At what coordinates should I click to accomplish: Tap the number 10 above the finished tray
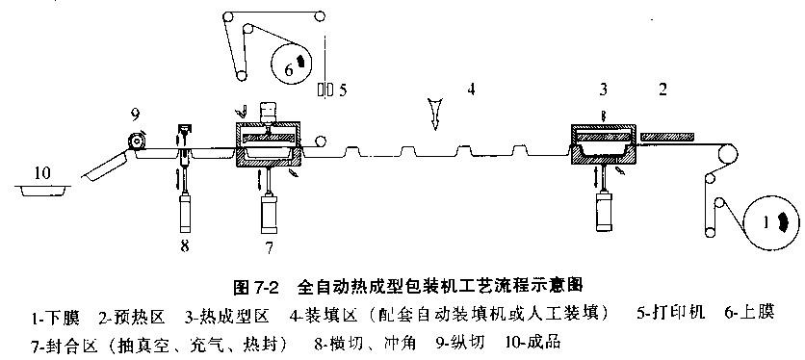click(x=43, y=173)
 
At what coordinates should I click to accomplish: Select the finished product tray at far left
click(x=43, y=190)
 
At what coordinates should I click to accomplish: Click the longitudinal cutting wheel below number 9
click(x=137, y=141)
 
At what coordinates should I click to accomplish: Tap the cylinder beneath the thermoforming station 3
click(x=605, y=211)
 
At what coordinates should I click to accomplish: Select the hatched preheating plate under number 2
click(x=667, y=137)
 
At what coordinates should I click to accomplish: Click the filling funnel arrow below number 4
click(x=435, y=114)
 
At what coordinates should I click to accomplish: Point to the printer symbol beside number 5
click(x=325, y=90)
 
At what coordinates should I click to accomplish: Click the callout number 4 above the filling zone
click(x=471, y=90)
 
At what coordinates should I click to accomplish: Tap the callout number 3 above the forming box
click(x=603, y=90)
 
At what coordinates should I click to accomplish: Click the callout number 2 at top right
click(x=662, y=90)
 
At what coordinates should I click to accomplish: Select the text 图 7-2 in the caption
click(x=255, y=287)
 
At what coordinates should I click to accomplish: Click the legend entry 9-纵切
click(x=461, y=342)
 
